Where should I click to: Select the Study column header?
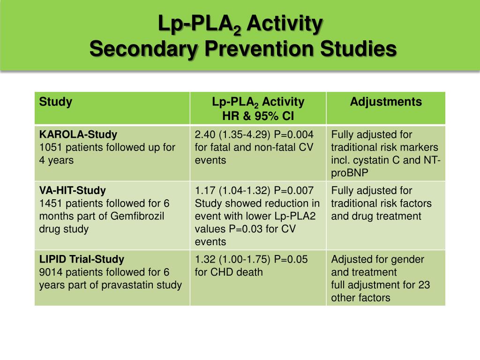point(56,102)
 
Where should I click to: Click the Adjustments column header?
point(386,102)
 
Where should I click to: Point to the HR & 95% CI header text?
point(258,115)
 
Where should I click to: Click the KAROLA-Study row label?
point(78,135)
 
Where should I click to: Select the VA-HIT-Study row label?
point(73,190)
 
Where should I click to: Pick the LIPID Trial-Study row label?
point(82,259)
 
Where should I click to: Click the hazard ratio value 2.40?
point(205,135)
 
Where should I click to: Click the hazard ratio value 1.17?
point(205,190)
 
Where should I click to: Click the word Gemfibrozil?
point(138,217)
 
